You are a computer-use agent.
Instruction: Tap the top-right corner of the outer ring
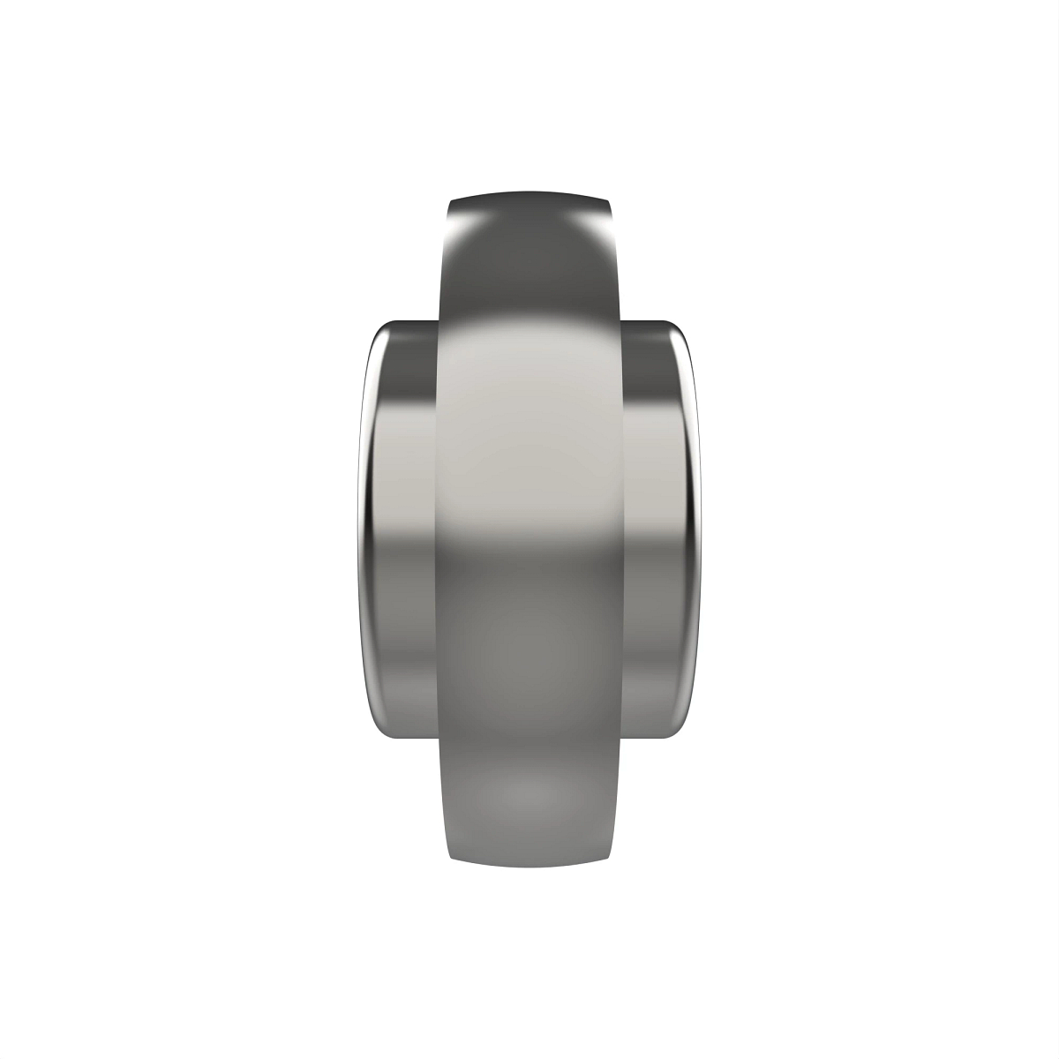tap(608, 202)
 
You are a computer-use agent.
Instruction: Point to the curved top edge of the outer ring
tap(529, 192)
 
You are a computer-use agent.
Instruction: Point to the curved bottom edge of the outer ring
tap(529, 867)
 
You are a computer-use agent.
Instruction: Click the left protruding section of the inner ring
tap(402, 529)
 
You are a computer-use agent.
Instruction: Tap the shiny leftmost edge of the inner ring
tap(364, 529)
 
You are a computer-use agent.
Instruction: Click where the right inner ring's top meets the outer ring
tap(623, 320)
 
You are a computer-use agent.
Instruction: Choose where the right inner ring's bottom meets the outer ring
tap(623, 739)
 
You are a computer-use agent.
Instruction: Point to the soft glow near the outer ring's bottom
tap(529, 794)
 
